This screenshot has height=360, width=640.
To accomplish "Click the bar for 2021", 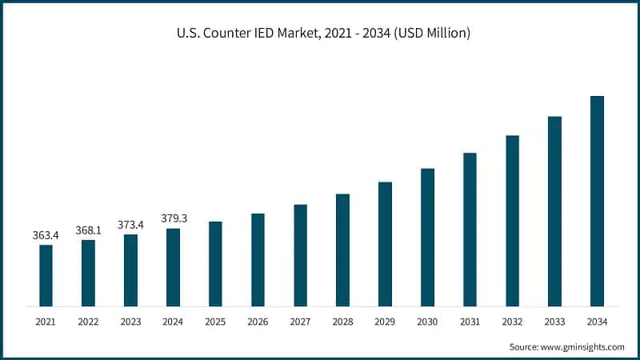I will (x=46, y=275).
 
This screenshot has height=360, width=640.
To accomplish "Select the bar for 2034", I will (x=597, y=201).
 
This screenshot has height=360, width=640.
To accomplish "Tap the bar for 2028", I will (x=342, y=250).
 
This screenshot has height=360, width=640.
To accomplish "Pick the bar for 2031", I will (x=470, y=229).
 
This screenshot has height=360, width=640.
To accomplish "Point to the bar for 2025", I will (x=215, y=263).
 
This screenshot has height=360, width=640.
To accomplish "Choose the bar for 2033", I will (x=554, y=211).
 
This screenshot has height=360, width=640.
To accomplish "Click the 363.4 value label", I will (x=46, y=235).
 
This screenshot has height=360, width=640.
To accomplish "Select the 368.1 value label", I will (x=88, y=230).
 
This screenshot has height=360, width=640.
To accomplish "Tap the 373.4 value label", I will (x=130, y=225).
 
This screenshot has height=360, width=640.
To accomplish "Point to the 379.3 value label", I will (x=173, y=218).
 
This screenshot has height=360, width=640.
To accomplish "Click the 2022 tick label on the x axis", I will (x=88, y=322).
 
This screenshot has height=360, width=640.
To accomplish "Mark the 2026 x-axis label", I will (x=258, y=322).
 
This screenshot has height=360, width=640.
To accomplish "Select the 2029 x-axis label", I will (x=385, y=322).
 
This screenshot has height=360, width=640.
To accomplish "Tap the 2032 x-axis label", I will (x=512, y=322).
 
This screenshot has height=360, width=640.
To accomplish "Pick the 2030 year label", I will (x=427, y=322).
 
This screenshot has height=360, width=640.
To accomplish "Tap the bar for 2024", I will (x=173, y=267).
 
